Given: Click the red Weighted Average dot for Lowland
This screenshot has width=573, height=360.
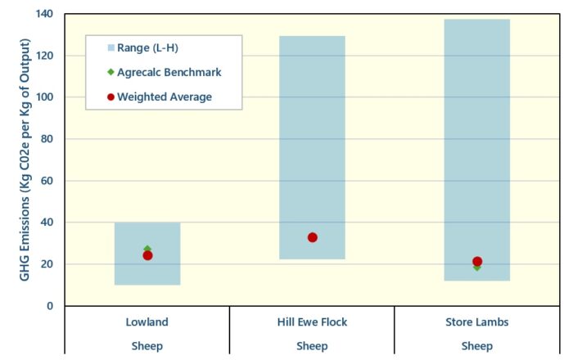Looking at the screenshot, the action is click(x=147, y=255).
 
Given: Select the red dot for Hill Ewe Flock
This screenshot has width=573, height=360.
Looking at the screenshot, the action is click(x=313, y=238).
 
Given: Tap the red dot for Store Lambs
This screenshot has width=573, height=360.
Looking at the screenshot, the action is click(x=477, y=262).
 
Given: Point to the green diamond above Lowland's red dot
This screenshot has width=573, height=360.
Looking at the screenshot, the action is click(x=147, y=249).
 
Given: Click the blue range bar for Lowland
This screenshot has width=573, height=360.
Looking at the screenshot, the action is click(x=147, y=254).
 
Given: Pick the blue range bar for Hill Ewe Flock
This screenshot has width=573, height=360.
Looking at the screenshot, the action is click(x=312, y=147).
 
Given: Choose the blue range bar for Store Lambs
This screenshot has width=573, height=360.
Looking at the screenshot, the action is click(x=477, y=150).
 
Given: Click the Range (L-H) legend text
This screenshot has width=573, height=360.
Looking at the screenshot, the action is click(x=147, y=47).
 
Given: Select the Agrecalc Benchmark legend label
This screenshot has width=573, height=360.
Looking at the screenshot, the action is click(x=169, y=72).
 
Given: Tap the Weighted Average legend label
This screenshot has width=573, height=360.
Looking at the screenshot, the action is click(x=165, y=97).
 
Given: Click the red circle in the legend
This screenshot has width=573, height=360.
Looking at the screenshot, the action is click(x=111, y=97).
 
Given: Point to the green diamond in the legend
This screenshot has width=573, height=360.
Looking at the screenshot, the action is click(x=111, y=72).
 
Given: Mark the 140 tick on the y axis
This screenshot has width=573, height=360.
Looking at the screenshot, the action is click(x=44, y=14).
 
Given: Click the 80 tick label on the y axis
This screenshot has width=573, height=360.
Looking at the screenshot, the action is click(x=47, y=139).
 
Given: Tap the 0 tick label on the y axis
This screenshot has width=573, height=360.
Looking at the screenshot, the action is click(x=50, y=306).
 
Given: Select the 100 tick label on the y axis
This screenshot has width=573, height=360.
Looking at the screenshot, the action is click(x=44, y=97).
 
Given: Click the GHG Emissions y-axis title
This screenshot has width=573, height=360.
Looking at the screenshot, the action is click(x=24, y=160).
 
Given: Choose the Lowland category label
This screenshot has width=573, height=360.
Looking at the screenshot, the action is click(x=147, y=322).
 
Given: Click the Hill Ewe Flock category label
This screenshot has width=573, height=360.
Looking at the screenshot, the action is click(x=312, y=322).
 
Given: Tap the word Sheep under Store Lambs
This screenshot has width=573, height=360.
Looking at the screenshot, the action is click(x=477, y=346).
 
